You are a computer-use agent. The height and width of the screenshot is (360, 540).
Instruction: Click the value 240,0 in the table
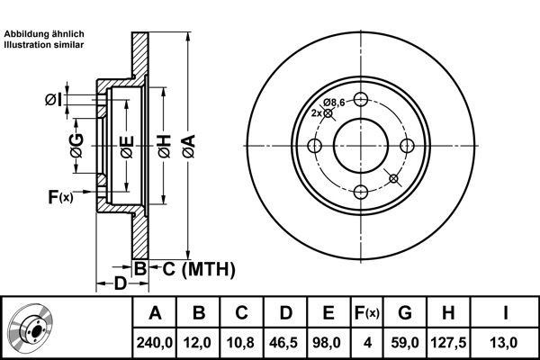coord(154,343)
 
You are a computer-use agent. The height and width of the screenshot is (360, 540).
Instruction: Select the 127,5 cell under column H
coord(448,343)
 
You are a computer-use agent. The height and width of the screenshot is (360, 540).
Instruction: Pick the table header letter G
coord(405,313)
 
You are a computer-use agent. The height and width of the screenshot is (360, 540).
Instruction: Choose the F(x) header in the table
coord(367,313)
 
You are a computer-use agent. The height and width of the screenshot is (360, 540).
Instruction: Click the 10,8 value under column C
coord(240,343)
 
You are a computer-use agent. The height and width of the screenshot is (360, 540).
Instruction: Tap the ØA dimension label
coord(189,147)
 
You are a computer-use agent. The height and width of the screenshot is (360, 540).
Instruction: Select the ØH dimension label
coord(165,147)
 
